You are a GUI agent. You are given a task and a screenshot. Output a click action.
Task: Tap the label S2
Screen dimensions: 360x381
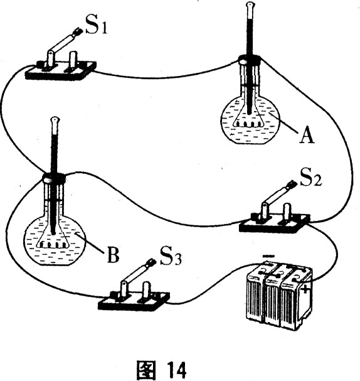click(311, 178)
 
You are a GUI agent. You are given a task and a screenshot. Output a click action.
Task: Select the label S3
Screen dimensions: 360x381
click(171, 256)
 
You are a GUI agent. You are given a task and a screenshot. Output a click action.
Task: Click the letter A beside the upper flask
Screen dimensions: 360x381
click(307, 136)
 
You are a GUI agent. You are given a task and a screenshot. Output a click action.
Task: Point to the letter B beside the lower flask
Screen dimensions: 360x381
click(113, 255)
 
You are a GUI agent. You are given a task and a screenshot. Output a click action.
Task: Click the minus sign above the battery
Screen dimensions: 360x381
click(268, 256)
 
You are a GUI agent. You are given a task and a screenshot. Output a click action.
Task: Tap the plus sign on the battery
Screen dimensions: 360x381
click(305, 290)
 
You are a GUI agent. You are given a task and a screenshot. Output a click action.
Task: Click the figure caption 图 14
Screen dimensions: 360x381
click(161, 370)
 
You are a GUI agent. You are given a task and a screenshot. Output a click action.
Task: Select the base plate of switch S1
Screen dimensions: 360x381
click(61, 70)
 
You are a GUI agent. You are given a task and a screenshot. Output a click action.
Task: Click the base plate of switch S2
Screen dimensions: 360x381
click(275, 223)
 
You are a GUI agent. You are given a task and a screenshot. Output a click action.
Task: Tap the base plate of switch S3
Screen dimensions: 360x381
click(134, 301)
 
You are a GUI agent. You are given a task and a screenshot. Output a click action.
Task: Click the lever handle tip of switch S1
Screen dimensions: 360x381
click(78, 32)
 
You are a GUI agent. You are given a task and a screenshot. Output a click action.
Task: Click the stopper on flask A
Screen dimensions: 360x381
click(250, 60)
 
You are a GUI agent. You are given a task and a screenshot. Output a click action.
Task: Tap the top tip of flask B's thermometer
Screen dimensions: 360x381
click(55, 119)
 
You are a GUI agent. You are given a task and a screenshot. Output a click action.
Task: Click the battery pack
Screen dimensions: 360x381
click(278, 296)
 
